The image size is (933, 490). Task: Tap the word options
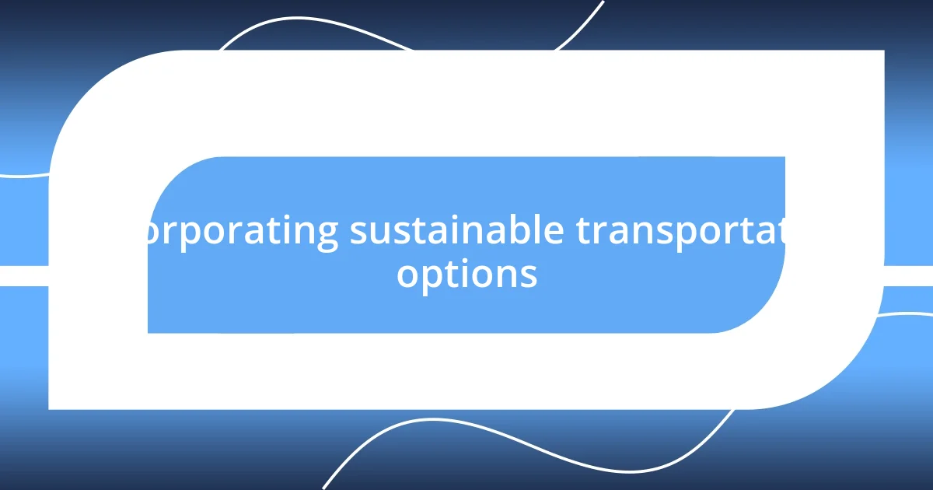466,275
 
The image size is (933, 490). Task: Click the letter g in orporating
327,236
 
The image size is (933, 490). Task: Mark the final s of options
529,275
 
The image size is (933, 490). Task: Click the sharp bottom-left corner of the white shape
50,408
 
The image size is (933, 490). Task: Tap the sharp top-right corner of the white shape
883,51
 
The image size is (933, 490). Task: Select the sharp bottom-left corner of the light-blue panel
149,332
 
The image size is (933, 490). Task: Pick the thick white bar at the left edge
23,275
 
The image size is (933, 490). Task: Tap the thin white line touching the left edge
23,176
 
